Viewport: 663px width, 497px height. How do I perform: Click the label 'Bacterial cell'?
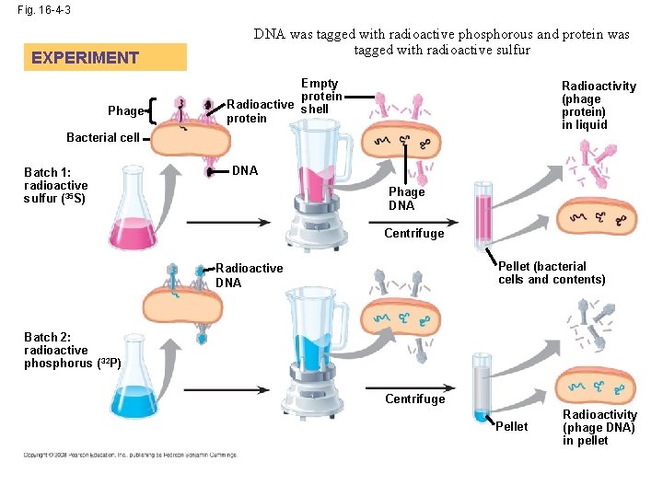click(x=103, y=138)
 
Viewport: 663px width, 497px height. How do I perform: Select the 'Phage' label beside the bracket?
click(x=126, y=111)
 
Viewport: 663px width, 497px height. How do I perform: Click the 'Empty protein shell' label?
click(x=320, y=97)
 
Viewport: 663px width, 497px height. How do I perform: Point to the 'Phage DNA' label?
click(x=407, y=199)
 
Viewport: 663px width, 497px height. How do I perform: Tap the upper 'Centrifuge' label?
click(x=414, y=233)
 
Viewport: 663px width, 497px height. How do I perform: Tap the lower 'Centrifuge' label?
click(x=414, y=399)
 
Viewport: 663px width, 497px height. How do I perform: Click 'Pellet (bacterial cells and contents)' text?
click(x=552, y=273)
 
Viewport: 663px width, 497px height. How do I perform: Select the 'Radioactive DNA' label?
click(x=249, y=275)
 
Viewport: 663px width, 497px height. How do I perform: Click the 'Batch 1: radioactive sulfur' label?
click(x=56, y=185)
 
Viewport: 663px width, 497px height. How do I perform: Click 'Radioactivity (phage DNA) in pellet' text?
click(x=599, y=428)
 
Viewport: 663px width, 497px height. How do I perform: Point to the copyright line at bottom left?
click(x=130, y=455)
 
